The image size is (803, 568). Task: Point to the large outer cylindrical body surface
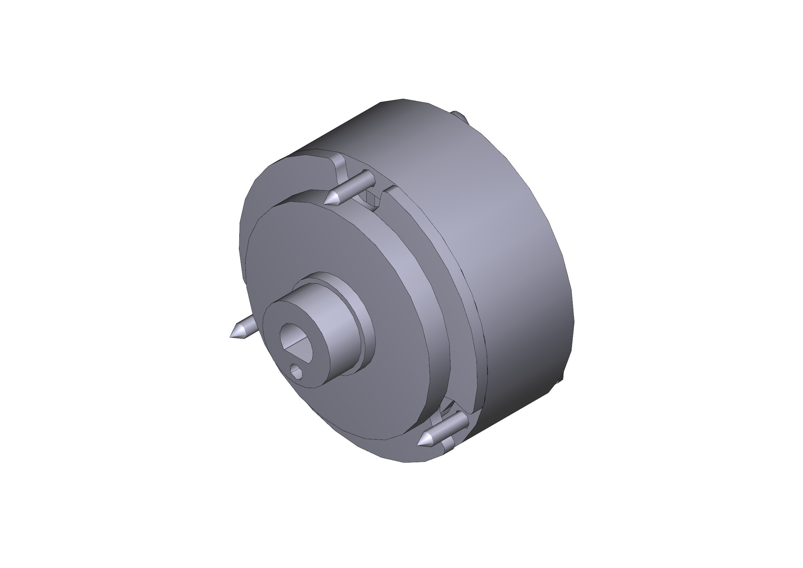click(507, 227)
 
